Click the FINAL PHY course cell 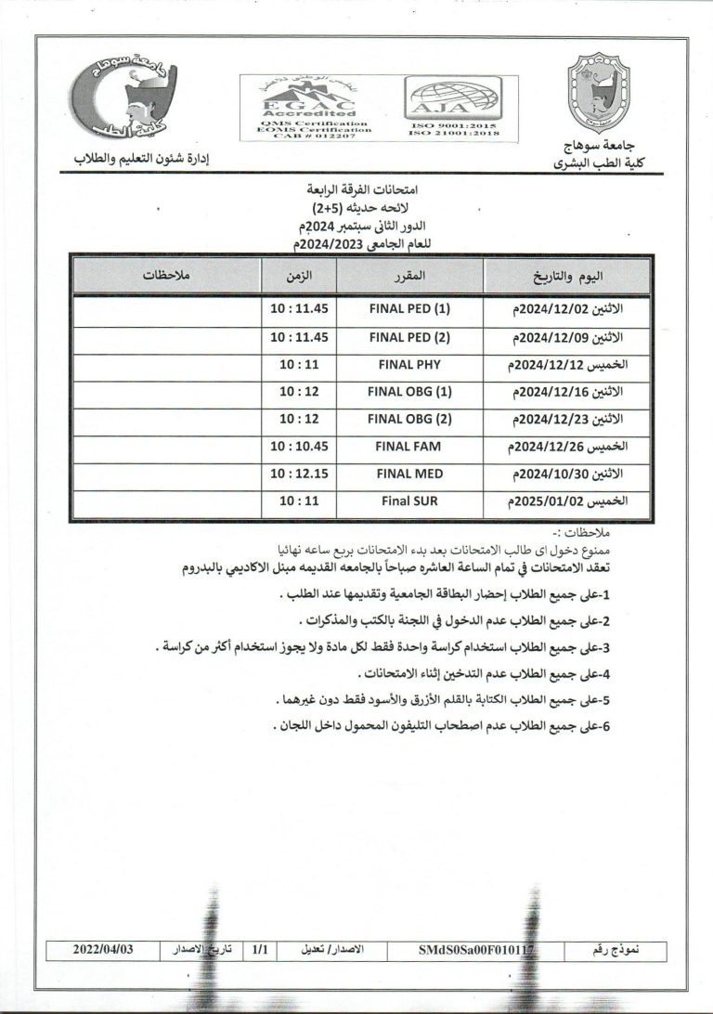tap(409, 365)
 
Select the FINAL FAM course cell tap(409, 446)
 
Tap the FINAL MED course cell tap(409, 474)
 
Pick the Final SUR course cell tap(409, 500)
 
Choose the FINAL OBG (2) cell tap(409, 419)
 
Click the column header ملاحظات tap(166, 277)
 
